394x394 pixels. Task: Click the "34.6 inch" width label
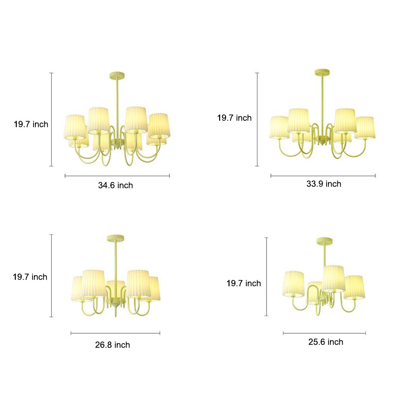coord(116,185)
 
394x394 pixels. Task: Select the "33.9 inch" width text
coord(324,184)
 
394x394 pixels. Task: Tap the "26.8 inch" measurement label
coord(112,345)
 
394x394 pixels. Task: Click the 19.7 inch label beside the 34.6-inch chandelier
coord(31,124)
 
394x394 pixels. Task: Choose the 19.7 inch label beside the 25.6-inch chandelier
coord(243,283)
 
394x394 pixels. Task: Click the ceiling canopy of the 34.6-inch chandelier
coord(117,75)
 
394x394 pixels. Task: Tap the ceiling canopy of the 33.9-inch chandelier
coord(323,72)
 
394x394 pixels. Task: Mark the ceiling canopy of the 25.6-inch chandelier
coord(325,240)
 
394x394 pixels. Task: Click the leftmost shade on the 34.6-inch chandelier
coord(75,127)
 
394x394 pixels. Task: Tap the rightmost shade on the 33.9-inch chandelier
coord(365,128)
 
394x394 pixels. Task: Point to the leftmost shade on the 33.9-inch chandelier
coord(279,127)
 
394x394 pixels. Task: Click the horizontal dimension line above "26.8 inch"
coord(115,333)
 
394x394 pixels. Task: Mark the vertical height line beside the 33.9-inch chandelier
coord(257,119)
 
